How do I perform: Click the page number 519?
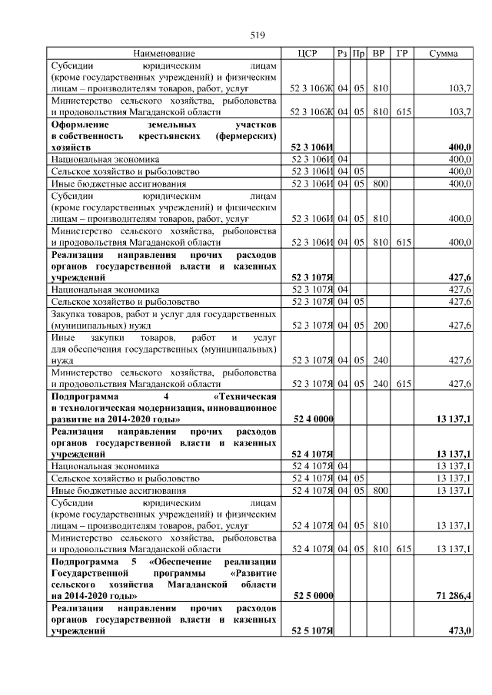tap(258, 35)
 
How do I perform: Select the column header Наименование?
tap(164, 54)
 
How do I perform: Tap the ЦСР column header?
tap(311, 54)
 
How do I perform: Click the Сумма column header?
tap(444, 54)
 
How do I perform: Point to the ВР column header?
tap(378, 54)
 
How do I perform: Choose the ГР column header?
tap(401, 54)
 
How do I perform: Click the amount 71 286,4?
tap(454, 595)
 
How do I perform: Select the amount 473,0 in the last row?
tap(459, 630)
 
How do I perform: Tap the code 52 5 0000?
tap(313, 595)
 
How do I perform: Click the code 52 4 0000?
tap(313, 419)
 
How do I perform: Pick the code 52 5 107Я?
tap(312, 630)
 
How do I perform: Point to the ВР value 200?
tap(378, 325)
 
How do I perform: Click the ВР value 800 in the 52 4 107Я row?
tap(378, 490)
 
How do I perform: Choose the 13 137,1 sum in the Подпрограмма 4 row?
tap(454, 419)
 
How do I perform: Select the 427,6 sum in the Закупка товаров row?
tap(459, 325)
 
